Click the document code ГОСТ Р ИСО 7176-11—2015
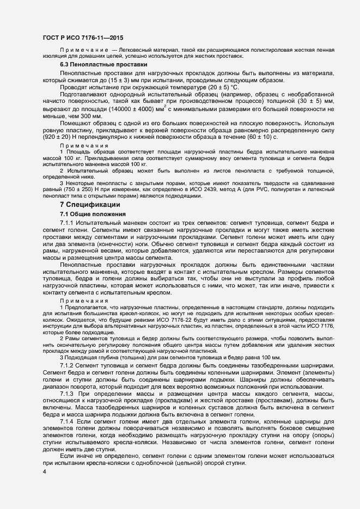(83, 38)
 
